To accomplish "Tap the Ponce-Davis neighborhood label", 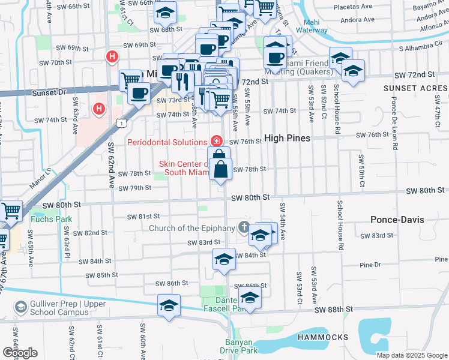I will pyautogui.click(x=397, y=220).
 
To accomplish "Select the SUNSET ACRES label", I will pyautogui.click(x=415, y=88).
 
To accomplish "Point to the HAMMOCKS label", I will pyautogui.click(x=322, y=338).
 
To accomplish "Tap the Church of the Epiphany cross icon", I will pyautogui.click(x=243, y=227).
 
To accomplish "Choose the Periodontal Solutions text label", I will pyautogui.click(x=167, y=142).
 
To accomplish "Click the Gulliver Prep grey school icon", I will pyautogui.click(x=21, y=307).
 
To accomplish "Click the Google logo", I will pyautogui.click(x=20, y=353).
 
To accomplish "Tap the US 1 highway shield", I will pyautogui.click(x=121, y=123).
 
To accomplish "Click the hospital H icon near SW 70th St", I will pyautogui.click(x=112, y=57).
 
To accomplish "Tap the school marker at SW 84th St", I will pyautogui.click(x=223, y=260).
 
